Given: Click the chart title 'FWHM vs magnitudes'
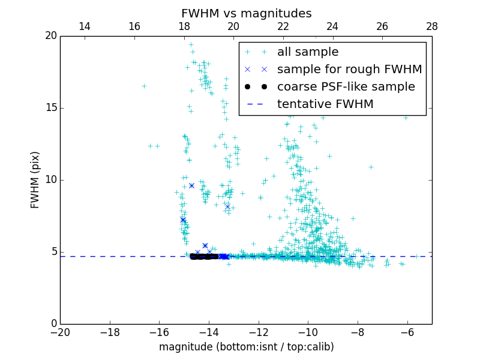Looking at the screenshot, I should [x=246, y=13].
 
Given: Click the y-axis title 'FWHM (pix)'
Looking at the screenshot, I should [x=35, y=179].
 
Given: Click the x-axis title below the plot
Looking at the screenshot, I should [x=246, y=347].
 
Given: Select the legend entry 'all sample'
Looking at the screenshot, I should [x=308, y=52].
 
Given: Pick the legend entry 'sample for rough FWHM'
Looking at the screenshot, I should [x=349, y=70].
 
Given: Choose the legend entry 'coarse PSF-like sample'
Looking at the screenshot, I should [x=346, y=87].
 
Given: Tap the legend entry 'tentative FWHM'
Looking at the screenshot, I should [x=325, y=104].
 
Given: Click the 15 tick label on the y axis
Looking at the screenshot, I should [x=50, y=108].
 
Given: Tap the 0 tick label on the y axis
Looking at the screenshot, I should [x=53, y=324].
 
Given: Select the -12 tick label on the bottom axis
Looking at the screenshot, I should [x=258, y=332].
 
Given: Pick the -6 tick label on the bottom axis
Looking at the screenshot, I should [x=407, y=332].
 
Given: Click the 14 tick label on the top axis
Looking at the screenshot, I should [x=85, y=26].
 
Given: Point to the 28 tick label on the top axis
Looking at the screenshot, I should [x=432, y=26].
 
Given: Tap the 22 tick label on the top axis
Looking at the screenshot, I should [x=283, y=26].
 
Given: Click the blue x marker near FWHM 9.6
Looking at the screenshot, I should [x=191, y=185].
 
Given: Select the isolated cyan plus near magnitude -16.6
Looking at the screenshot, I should [x=144, y=86].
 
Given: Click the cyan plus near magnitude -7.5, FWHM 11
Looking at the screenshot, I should [x=371, y=167].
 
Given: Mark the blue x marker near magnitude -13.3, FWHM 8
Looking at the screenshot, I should [x=227, y=206].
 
